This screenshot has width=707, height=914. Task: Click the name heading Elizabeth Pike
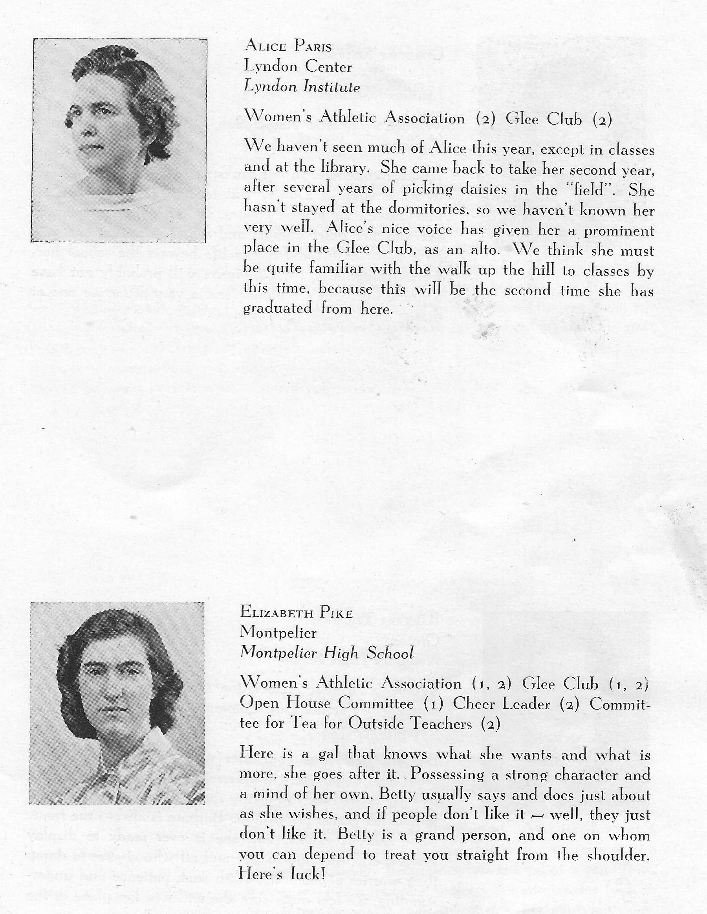[x=296, y=613]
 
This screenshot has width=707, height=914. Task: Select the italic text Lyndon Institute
[x=301, y=87]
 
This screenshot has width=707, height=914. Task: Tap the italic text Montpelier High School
[x=326, y=653]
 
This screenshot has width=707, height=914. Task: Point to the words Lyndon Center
[x=298, y=66]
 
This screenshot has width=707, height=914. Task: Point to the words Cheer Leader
[x=501, y=704]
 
